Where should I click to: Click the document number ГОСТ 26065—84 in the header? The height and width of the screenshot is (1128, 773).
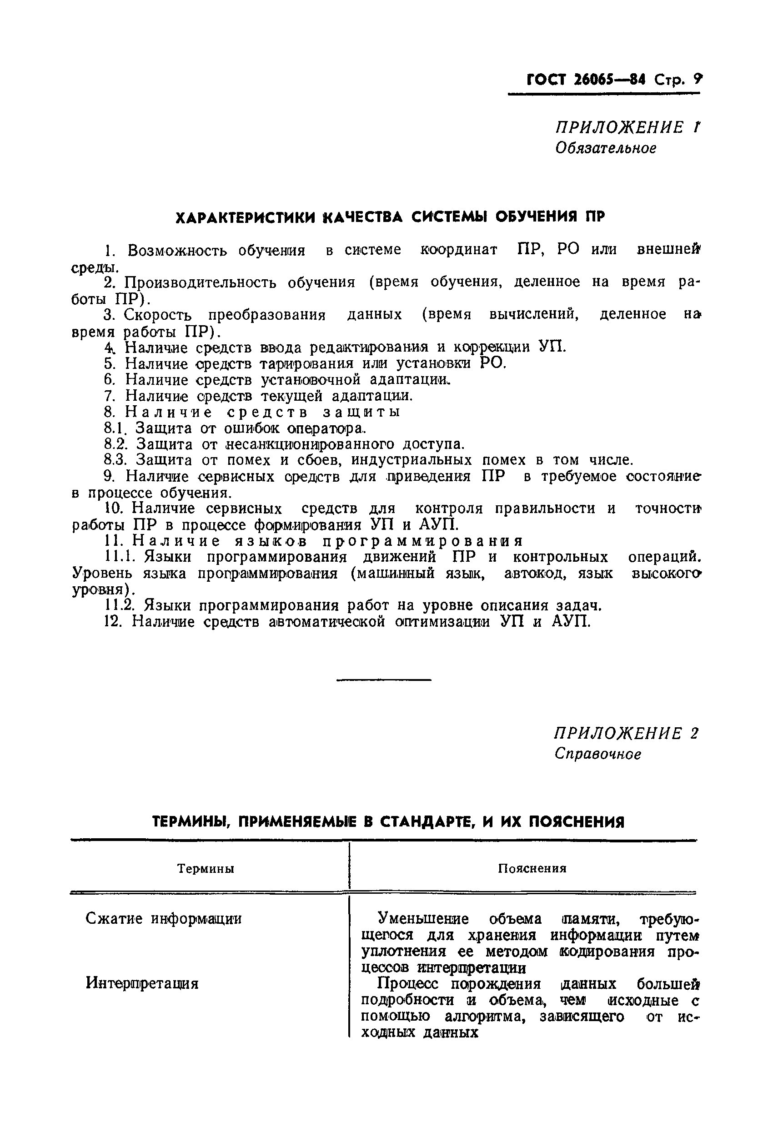586,79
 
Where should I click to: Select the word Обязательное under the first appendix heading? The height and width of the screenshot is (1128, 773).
605,148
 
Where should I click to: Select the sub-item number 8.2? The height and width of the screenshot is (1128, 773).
115,444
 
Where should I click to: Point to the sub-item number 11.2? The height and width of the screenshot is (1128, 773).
119,606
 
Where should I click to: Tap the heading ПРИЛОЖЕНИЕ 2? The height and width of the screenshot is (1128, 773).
627,733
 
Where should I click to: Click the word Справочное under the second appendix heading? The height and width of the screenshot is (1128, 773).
598,754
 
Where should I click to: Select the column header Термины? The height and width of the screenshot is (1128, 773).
206,868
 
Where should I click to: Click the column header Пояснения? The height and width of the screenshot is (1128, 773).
532,868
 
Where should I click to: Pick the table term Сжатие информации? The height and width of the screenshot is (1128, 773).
164,919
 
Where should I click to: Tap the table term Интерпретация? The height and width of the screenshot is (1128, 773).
142,984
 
